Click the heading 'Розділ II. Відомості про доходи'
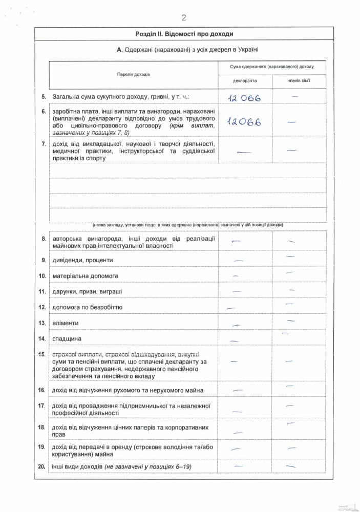(x=184, y=34)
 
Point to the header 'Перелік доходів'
(x=133, y=74)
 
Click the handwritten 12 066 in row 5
(x=245, y=98)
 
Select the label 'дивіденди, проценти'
(x=82, y=260)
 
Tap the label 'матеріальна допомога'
(x=85, y=276)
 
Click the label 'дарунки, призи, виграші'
(x=87, y=292)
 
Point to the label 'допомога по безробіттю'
(x=87, y=308)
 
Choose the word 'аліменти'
(x=65, y=324)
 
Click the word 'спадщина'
(x=67, y=339)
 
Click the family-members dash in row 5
(x=295, y=96)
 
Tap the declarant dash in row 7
(x=244, y=151)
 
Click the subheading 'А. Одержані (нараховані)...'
(x=187, y=49)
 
